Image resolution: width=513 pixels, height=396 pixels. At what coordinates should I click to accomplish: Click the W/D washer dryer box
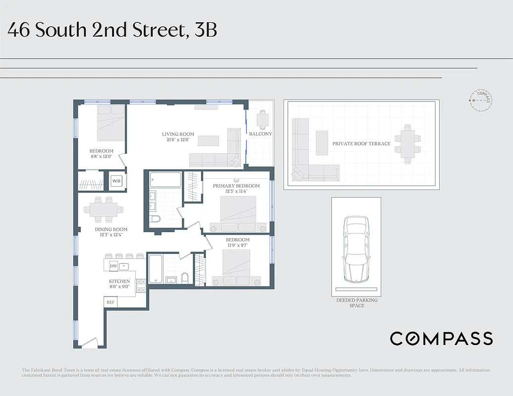[116, 181]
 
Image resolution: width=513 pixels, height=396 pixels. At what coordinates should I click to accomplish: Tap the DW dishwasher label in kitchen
[113, 266]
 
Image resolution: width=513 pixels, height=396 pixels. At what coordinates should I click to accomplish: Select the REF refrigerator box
[111, 302]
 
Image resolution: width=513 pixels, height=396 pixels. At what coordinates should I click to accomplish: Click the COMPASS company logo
[441, 339]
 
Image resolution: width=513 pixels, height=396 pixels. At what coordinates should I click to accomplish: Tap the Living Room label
[178, 134]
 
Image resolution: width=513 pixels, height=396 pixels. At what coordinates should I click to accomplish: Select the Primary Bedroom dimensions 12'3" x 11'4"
[236, 192]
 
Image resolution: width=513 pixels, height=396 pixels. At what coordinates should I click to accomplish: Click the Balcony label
[260, 134]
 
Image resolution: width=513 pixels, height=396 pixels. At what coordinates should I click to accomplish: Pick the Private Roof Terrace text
[361, 144]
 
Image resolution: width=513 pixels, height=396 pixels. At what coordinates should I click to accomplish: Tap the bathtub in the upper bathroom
[166, 179]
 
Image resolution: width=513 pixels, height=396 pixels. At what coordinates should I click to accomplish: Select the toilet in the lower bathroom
[185, 278]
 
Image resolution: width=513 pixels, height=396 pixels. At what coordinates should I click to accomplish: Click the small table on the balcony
[262, 119]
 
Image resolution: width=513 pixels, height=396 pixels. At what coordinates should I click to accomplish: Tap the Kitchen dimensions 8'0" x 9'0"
[119, 287]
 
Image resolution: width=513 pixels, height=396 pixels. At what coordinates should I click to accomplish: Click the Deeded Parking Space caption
[356, 303]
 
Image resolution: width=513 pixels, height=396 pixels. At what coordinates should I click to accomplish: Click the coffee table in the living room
[208, 141]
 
